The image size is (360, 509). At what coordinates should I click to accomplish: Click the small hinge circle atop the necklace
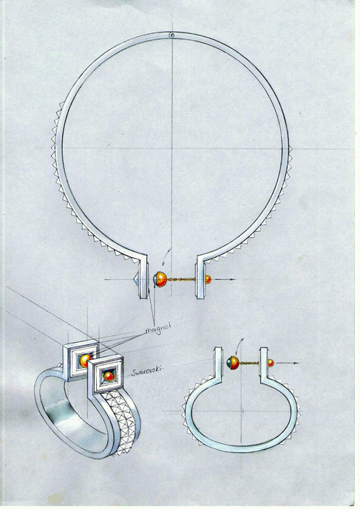(172, 35)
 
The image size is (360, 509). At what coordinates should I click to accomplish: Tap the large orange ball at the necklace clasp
(160, 279)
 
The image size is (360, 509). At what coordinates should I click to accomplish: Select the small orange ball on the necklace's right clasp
(208, 279)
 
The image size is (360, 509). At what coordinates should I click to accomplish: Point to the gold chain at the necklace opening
(181, 279)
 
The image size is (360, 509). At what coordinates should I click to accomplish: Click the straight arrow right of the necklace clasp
(223, 279)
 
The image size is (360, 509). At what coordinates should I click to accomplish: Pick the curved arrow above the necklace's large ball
(166, 257)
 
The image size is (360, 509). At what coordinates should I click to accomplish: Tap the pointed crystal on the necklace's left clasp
(137, 279)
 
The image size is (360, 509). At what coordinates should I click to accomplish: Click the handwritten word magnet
(157, 329)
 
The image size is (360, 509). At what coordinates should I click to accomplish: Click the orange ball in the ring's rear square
(86, 361)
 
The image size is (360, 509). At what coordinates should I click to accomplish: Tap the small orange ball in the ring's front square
(109, 376)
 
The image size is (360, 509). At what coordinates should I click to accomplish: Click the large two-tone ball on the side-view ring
(234, 363)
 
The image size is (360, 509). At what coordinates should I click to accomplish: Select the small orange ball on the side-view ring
(271, 363)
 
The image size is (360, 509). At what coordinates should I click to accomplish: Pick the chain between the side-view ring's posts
(249, 363)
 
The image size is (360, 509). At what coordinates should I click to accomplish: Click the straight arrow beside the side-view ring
(287, 363)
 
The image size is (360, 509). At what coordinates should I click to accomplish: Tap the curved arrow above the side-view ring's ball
(240, 346)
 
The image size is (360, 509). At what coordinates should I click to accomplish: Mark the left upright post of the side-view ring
(218, 362)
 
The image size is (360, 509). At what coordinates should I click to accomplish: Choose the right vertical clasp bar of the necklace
(200, 279)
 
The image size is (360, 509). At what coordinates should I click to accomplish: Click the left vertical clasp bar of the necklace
(143, 279)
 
